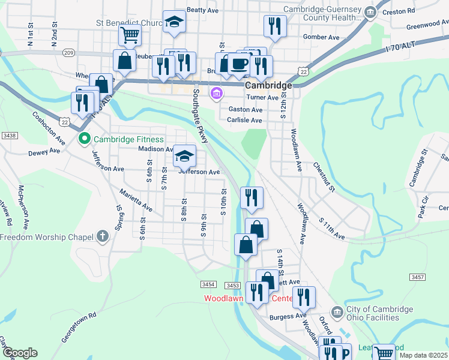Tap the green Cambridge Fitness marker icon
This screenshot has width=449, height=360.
(x=85, y=139)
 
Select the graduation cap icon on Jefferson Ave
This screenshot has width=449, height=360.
(x=185, y=156)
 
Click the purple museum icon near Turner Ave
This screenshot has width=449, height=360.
(x=216, y=94)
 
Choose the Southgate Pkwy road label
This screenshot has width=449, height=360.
(x=200, y=116)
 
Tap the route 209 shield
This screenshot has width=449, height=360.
(x=68, y=53)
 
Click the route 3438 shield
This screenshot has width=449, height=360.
(x=9, y=136)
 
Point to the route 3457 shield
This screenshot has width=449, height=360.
(x=418, y=277)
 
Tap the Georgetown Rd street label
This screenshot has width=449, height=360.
(x=78, y=327)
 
